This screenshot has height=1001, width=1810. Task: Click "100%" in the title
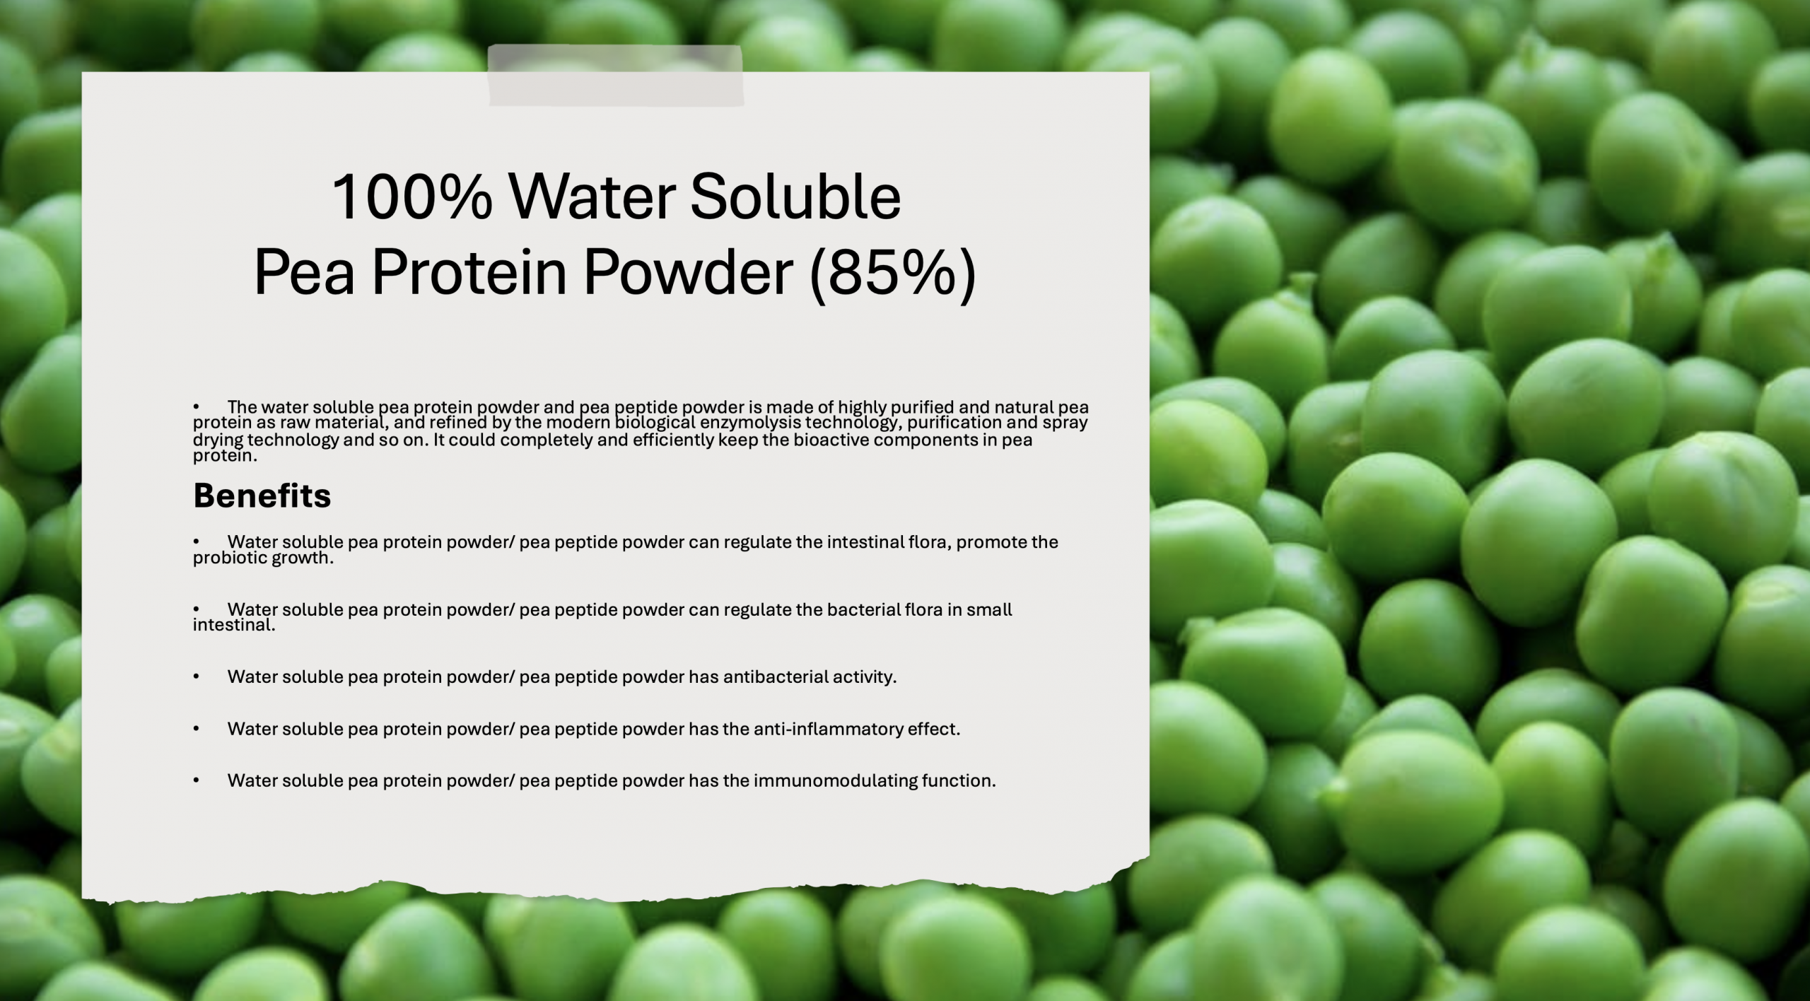coord(411,197)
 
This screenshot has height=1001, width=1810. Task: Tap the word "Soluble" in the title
coord(795,197)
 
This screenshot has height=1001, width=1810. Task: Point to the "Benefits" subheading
coord(262,496)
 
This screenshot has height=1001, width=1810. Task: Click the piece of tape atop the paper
coord(615,76)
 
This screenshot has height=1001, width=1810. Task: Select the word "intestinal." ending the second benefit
coord(234,625)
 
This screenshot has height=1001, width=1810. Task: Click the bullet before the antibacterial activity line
coord(197,677)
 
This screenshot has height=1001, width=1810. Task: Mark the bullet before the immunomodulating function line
coord(197,781)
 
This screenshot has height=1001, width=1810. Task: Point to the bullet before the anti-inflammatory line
coord(197,729)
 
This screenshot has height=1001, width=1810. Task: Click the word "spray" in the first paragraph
coord(1065,423)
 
